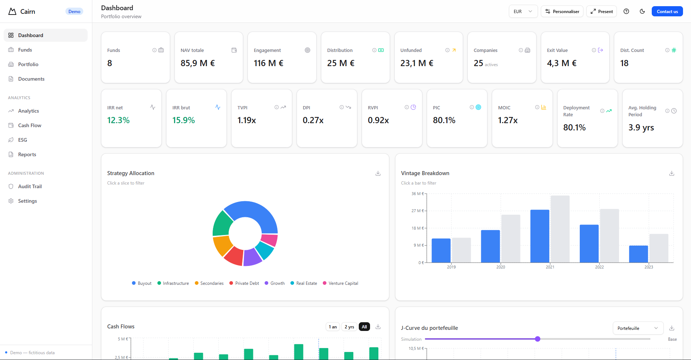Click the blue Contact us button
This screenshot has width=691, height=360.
coord(667,12)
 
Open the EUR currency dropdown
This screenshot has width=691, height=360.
coord(523,12)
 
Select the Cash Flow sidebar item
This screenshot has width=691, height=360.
coord(29,125)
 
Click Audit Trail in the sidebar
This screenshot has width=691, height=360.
coord(30,186)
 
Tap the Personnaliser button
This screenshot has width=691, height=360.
coord(562,12)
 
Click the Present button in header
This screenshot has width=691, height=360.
coord(602,12)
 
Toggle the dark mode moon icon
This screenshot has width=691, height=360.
coord(642,11)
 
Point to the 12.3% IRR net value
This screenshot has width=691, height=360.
coord(118,120)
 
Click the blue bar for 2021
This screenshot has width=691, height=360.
coord(539,236)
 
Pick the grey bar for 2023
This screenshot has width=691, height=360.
coord(659,248)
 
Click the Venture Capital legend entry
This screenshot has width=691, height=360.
coord(343,283)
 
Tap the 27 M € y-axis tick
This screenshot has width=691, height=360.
coord(417,211)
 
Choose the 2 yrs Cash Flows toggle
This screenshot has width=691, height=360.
coord(349,327)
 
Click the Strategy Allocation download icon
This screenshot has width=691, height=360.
coord(378,173)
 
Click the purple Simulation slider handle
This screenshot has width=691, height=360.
coord(538,339)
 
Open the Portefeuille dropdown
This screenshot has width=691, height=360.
coord(638,328)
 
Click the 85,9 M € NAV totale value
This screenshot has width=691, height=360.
coord(197,63)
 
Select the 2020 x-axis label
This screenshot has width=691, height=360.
coord(501,267)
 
